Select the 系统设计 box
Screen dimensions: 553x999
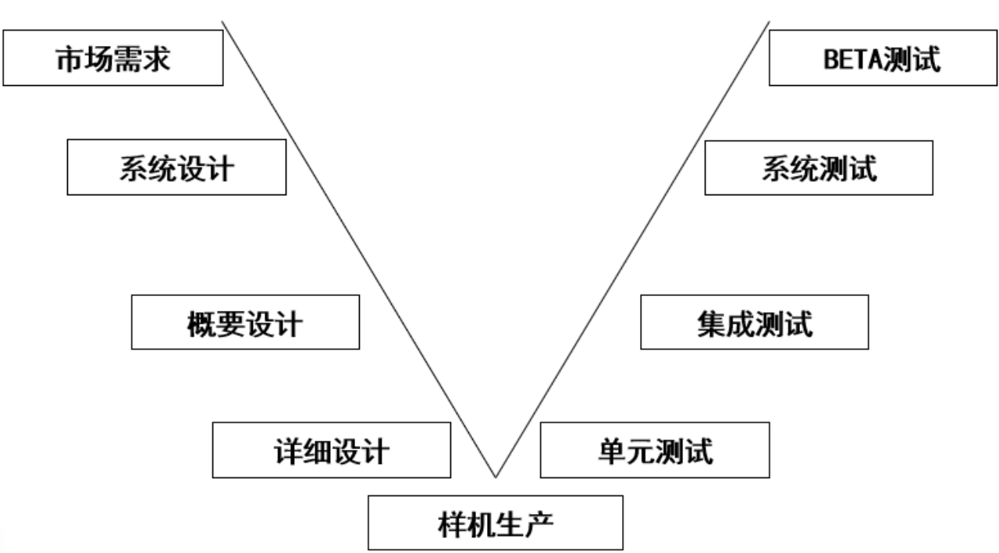(176, 167)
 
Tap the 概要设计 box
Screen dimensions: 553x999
(245, 322)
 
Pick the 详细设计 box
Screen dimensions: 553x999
(331, 450)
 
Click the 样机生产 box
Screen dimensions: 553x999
(496, 522)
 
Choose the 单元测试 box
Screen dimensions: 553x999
(654, 450)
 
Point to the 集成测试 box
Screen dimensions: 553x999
(754, 322)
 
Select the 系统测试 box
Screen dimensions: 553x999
(819, 167)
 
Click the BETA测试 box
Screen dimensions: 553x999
(883, 59)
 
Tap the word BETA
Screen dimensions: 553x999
(853, 59)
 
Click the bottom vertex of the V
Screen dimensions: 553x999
(495, 476)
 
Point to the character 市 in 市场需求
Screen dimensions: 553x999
(69, 59)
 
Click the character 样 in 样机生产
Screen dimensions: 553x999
(452, 522)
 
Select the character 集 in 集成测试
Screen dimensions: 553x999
(711, 323)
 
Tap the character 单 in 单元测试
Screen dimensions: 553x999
(611, 450)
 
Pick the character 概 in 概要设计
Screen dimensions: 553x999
(201, 323)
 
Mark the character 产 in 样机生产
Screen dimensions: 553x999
(539, 522)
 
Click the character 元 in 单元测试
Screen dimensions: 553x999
(640, 450)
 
